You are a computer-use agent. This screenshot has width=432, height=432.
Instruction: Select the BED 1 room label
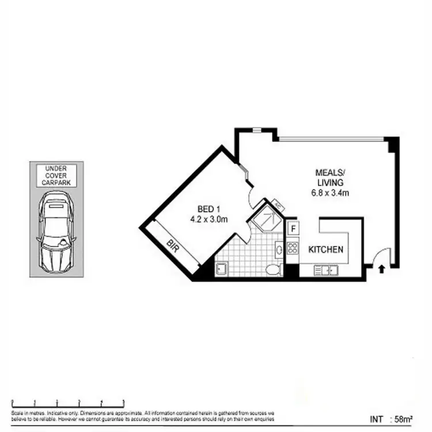(x=210, y=209)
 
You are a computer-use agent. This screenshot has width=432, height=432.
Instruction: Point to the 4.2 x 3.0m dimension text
(x=209, y=219)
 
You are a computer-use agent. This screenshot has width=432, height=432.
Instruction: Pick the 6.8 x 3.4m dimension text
(x=330, y=194)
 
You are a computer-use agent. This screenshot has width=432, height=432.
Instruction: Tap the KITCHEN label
(x=326, y=249)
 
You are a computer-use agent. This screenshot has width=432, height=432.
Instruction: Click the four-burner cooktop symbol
(x=293, y=248)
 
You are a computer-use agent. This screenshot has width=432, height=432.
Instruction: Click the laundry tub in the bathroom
(x=221, y=268)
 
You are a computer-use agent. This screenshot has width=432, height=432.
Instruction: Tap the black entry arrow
(x=381, y=267)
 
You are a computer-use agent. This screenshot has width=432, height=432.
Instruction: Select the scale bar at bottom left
(x=68, y=402)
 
